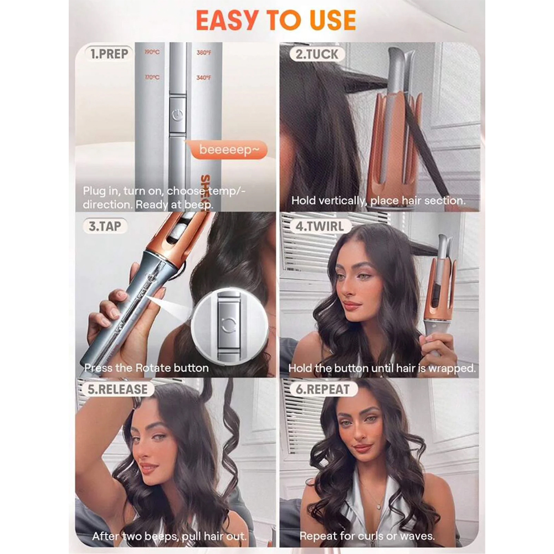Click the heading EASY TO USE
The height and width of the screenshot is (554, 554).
click(276, 20)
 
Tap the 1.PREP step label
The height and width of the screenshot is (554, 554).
click(109, 54)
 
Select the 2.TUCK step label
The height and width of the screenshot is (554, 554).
click(317, 54)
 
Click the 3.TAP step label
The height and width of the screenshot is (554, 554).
click(105, 226)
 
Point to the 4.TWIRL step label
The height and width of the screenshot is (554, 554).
click(320, 226)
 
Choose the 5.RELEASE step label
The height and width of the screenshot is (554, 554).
click(117, 389)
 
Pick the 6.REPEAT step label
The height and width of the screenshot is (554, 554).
click(322, 389)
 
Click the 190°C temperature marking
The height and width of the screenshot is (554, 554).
click(152, 52)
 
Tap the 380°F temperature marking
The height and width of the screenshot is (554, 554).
click(204, 53)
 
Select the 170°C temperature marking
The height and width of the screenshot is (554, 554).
click(152, 77)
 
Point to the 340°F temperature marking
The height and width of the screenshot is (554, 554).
click(204, 78)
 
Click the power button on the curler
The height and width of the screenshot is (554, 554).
click(177, 115)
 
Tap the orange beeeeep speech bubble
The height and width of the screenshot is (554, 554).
click(229, 150)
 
